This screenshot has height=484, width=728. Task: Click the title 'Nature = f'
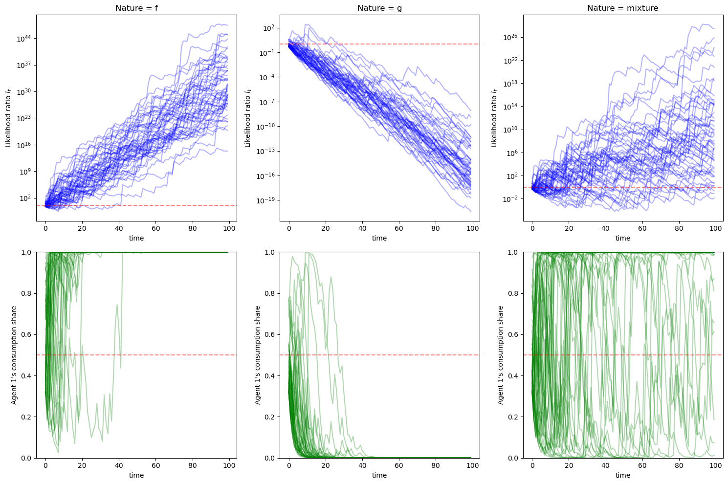pos(136,8)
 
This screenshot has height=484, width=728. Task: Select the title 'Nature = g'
pos(379,8)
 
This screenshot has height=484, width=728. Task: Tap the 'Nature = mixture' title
pos(622,8)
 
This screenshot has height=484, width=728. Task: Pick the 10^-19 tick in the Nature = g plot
pos(266,200)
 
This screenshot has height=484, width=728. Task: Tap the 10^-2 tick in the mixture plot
pos(511,199)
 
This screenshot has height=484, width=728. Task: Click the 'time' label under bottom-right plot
pos(622,475)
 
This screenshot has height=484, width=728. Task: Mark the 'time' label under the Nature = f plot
pos(136,238)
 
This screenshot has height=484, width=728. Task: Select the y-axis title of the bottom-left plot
pos(14,355)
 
